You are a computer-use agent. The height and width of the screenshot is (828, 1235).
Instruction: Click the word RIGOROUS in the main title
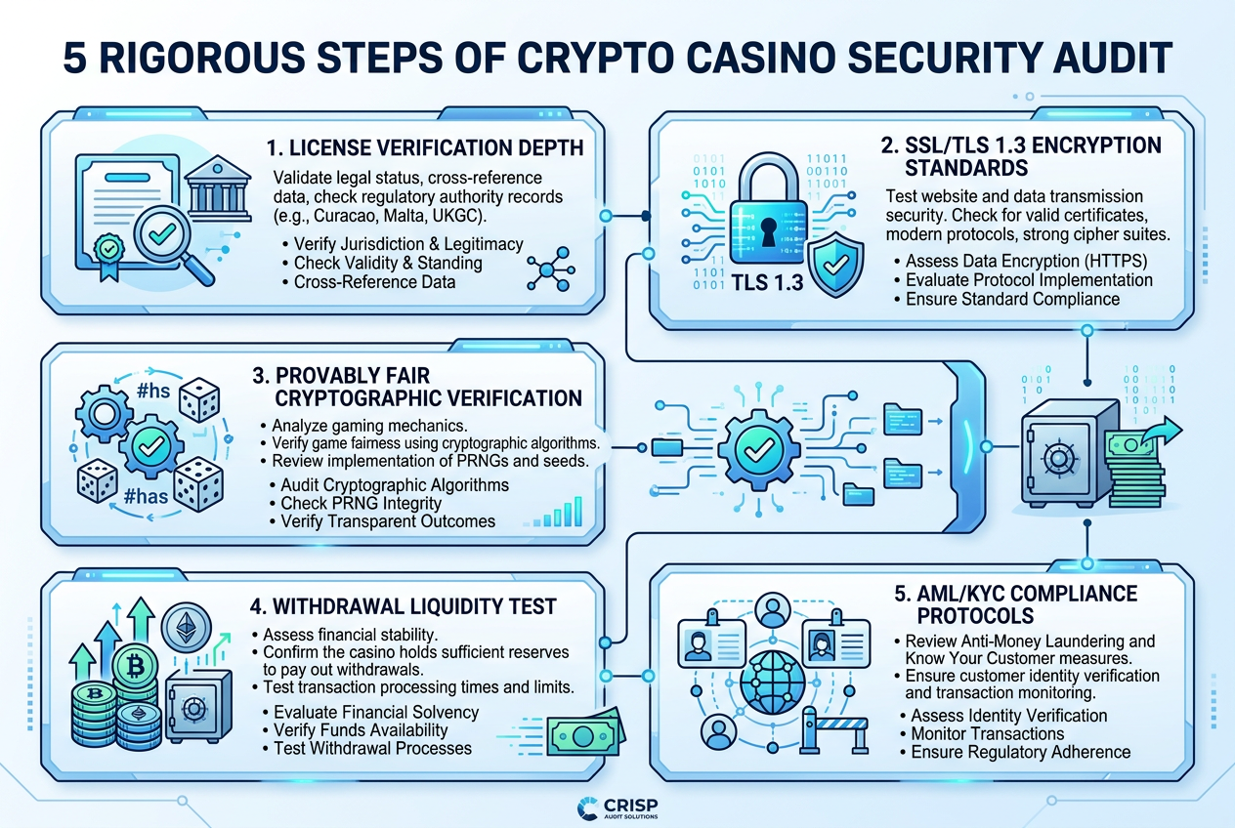tap(202, 58)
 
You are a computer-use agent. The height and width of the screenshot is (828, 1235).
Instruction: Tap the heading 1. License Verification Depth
tap(424, 147)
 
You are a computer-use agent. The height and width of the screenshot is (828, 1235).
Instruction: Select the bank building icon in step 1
tap(218, 189)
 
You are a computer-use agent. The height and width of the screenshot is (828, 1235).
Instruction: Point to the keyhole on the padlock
tap(768, 231)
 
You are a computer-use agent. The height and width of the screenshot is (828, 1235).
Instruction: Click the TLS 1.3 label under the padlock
tap(767, 282)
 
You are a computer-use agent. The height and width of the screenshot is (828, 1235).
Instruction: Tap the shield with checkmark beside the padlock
tap(835, 265)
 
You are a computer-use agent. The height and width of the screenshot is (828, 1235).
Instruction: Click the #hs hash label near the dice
tap(153, 391)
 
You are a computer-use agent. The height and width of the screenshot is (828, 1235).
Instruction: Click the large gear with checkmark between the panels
tap(759, 451)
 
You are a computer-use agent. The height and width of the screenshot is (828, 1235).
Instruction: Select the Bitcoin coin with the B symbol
tap(135, 666)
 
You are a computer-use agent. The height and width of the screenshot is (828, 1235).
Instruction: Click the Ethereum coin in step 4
tap(186, 627)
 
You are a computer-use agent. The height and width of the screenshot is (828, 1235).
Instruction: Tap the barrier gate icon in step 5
tap(833, 730)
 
